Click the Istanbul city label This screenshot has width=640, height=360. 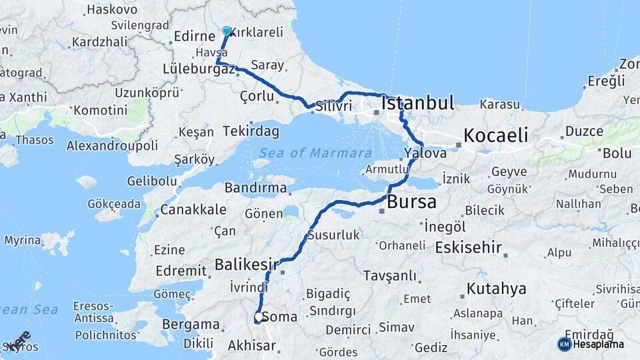[x=418, y=103]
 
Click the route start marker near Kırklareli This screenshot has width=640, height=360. [x=227, y=31]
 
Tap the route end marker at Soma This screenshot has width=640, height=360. [x=258, y=318]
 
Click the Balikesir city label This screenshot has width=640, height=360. [x=246, y=265]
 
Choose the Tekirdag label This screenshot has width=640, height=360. [x=251, y=131]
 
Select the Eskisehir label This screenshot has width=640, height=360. [x=468, y=247]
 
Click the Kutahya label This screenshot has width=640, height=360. [x=496, y=289]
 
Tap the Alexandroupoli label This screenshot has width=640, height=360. [x=112, y=145]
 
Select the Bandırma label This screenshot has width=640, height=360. [x=255, y=188]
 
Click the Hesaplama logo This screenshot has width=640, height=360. [x=591, y=344]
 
